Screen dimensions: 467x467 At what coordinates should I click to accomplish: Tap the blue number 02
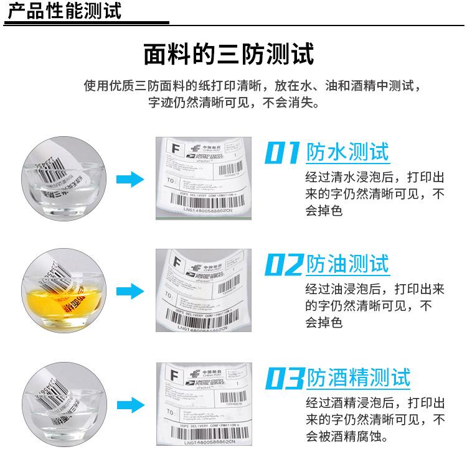[x=283, y=265]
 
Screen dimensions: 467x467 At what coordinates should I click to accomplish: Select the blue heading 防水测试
[x=347, y=152]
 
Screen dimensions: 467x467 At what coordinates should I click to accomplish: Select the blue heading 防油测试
[x=347, y=264]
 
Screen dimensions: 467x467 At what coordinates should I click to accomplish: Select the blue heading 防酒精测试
[x=359, y=377]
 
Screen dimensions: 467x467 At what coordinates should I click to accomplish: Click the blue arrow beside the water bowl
[x=130, y=180]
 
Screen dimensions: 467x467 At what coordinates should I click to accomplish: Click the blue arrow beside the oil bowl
[x=130, y=290]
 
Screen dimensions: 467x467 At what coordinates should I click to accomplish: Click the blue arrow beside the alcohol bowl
[x=130, y=403]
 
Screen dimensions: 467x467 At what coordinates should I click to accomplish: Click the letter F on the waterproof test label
[x=174, y=149]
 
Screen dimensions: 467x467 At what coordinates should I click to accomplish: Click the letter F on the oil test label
[x=175, y=262]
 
